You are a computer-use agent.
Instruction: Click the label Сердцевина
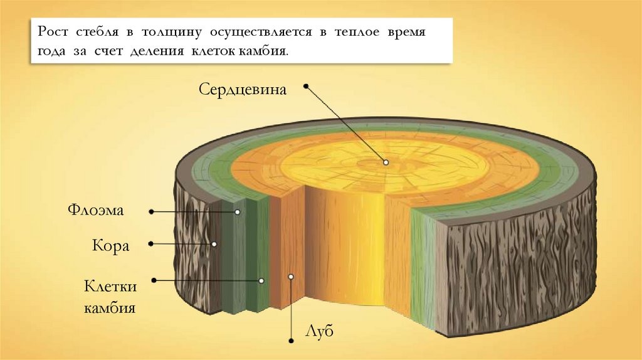click(x=243, y=89)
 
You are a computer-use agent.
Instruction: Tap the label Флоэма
click(x=96, y=209)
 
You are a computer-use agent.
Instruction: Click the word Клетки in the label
click(x=110, y=287)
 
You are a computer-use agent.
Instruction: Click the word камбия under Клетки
click(x=110, y=308)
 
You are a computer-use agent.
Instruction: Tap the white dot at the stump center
click(x=386, y=162)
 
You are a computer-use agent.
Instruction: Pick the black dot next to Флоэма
click(x=152, y=212)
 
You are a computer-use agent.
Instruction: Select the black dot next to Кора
click(x=152, y=243)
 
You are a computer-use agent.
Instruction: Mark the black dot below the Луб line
click(x=292, y=341)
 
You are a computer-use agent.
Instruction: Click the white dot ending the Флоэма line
click(x=238, y=212)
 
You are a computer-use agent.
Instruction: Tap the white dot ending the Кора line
click(x=214, y=244)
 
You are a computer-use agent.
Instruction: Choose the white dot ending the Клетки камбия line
click(x=262, y=280)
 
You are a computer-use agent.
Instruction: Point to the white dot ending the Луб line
click(x=292, y=276)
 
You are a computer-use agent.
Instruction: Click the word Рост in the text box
click(x=53, y=32)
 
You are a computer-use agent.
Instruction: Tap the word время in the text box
click(x=405, y=32)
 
